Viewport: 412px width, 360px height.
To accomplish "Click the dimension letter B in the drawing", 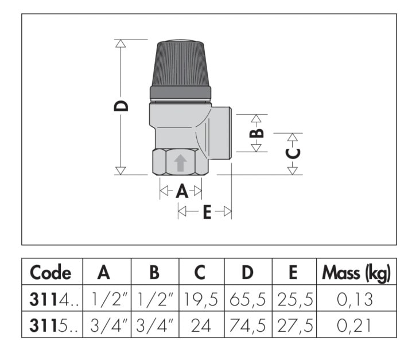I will (258, 133).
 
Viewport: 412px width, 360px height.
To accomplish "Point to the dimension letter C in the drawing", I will (293, 153).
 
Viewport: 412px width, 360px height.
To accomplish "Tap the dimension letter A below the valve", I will (181, 191).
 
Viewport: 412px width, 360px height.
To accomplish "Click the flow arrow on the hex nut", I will (180, 162).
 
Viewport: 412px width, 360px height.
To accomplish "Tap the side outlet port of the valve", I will (221, 133).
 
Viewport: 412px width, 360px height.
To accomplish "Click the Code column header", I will (50, 272).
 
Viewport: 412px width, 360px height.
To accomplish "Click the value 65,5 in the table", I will (247, 299).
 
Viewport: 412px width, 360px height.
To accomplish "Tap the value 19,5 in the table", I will (200, 299).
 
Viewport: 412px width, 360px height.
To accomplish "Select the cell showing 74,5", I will (247, 326).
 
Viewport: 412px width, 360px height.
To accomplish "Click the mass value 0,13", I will (356, 299).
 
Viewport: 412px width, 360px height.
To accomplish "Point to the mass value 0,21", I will (356, 326).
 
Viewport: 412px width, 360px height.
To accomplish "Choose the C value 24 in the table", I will (200, 326).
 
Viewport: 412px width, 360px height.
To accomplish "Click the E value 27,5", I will (294, 326).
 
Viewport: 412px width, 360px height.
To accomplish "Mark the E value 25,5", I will (294, 299).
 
